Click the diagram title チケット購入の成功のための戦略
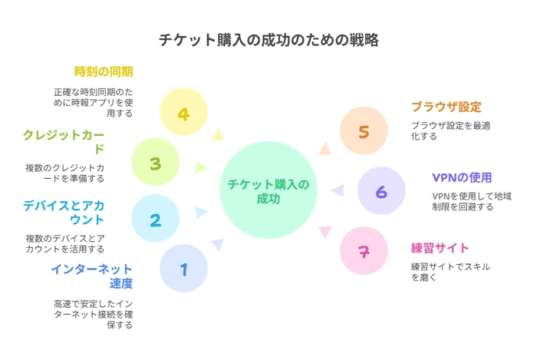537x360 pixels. tap(268, 40)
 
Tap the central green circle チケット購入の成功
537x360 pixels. tap(268, 190)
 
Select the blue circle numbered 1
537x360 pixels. tap(183, 268)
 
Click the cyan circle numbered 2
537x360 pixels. tap(156, 218)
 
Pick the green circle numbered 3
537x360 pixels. tap(156, 162)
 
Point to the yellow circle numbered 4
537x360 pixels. tap(183, 111)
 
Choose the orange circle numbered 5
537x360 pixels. tap(364, 130)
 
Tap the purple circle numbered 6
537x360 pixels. tap(381, 190)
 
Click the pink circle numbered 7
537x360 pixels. tap(364, 250)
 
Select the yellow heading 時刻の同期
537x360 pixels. tap(104, 71)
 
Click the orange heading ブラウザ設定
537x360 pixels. tap(446, 107)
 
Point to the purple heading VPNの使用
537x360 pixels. tap(462, 177)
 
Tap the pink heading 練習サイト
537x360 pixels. tap(440, 248)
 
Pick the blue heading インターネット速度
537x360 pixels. tap(92, 276)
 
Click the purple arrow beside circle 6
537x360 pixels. tap(338, 190)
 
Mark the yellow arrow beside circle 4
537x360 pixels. tap(217, 135)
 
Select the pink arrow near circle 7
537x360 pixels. tap(325, 232)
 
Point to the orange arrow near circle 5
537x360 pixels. tap(325, 149)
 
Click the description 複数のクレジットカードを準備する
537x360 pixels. tap(64, 173)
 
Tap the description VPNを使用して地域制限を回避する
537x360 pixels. tap(472, 201)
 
